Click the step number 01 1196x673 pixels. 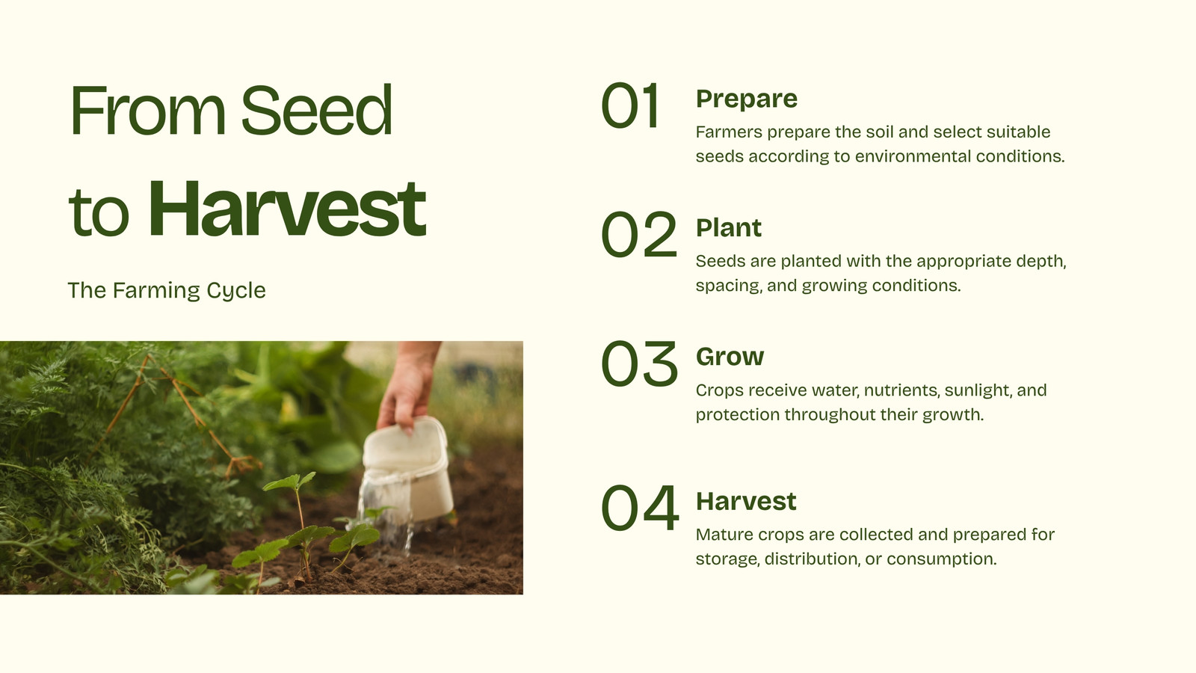tap(629, 105)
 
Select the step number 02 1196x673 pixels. tap(639, 235)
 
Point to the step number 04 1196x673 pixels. tap(640, 508)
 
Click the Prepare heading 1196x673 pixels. tap(747, 99)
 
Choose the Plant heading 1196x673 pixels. tap(729, 227)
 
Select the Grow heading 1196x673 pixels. tap(730, 357)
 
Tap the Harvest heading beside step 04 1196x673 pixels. tap(746, 501)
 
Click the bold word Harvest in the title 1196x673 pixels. tap(287, 209)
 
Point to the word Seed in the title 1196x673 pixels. tap(317, 111)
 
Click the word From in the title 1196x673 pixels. tap(147, 111)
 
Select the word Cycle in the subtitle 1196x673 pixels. tap(236, 291)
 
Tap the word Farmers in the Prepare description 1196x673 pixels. tap(729, 132)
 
